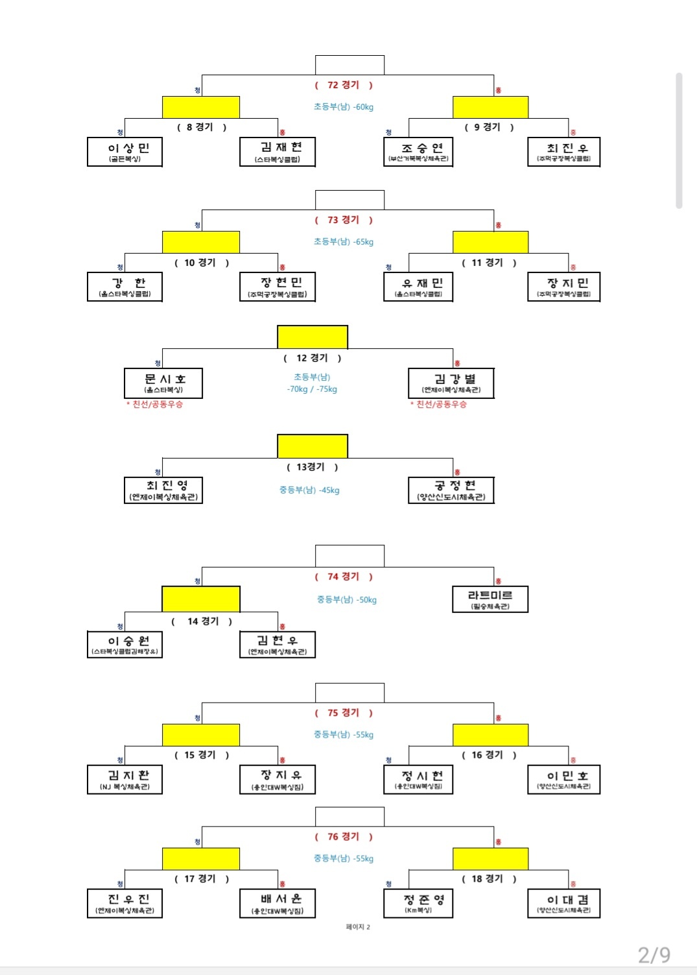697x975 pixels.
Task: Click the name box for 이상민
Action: [x=124, y=152]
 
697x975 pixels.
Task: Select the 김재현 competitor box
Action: [x=278, y=152]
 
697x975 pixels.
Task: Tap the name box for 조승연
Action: [x=418, y=152]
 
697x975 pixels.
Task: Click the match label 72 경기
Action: [x=344, y=85]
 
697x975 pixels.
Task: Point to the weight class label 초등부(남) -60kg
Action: [x=344, y=107]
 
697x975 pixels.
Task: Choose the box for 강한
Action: [x=124, y=287]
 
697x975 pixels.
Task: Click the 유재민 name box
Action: [x=418, y=287]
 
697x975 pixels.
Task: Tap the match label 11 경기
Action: [x=490, y=263]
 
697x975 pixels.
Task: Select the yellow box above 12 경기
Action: [x=313, y=337]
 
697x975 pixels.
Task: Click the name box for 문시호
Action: [x=163, y=383]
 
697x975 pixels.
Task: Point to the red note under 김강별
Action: [x=438, y=404]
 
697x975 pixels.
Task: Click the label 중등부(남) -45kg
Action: [x=309, y=490]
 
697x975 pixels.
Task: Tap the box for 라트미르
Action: [x=490, y=599]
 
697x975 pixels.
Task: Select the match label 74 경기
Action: [x=344, y=577]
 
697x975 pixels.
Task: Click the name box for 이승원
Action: [x=124, y=645]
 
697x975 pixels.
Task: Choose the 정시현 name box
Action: [x=418, y=780]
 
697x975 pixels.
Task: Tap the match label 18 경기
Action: [x=490, y=879]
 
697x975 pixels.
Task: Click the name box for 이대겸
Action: [x=564, y=903]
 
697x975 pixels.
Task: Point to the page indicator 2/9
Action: [x=654, y=954]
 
